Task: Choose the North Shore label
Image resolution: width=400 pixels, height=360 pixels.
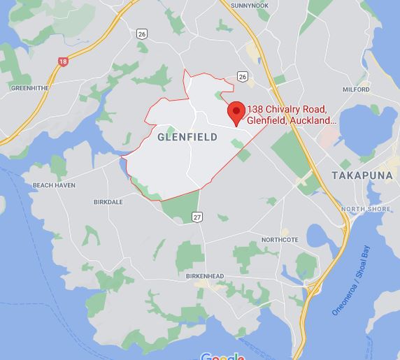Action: (x=366, y=209)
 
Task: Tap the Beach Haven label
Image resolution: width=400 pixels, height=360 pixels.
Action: (x=54, y=185)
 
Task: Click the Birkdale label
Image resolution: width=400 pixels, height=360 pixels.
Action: (x=108, y=202)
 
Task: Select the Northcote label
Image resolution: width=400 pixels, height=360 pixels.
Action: (x=280, y=239)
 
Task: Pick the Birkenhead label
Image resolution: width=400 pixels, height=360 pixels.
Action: (x=205, y=276)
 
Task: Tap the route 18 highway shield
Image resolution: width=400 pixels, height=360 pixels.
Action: (x=63, y=62)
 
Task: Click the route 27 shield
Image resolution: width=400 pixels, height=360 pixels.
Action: (x=197, y=217)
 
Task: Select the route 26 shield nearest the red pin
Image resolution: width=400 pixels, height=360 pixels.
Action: (x=242, y=75)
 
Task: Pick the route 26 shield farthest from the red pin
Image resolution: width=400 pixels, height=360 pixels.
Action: (x=143, y=33)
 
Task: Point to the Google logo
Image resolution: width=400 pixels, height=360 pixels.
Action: (x=222, y=357)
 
